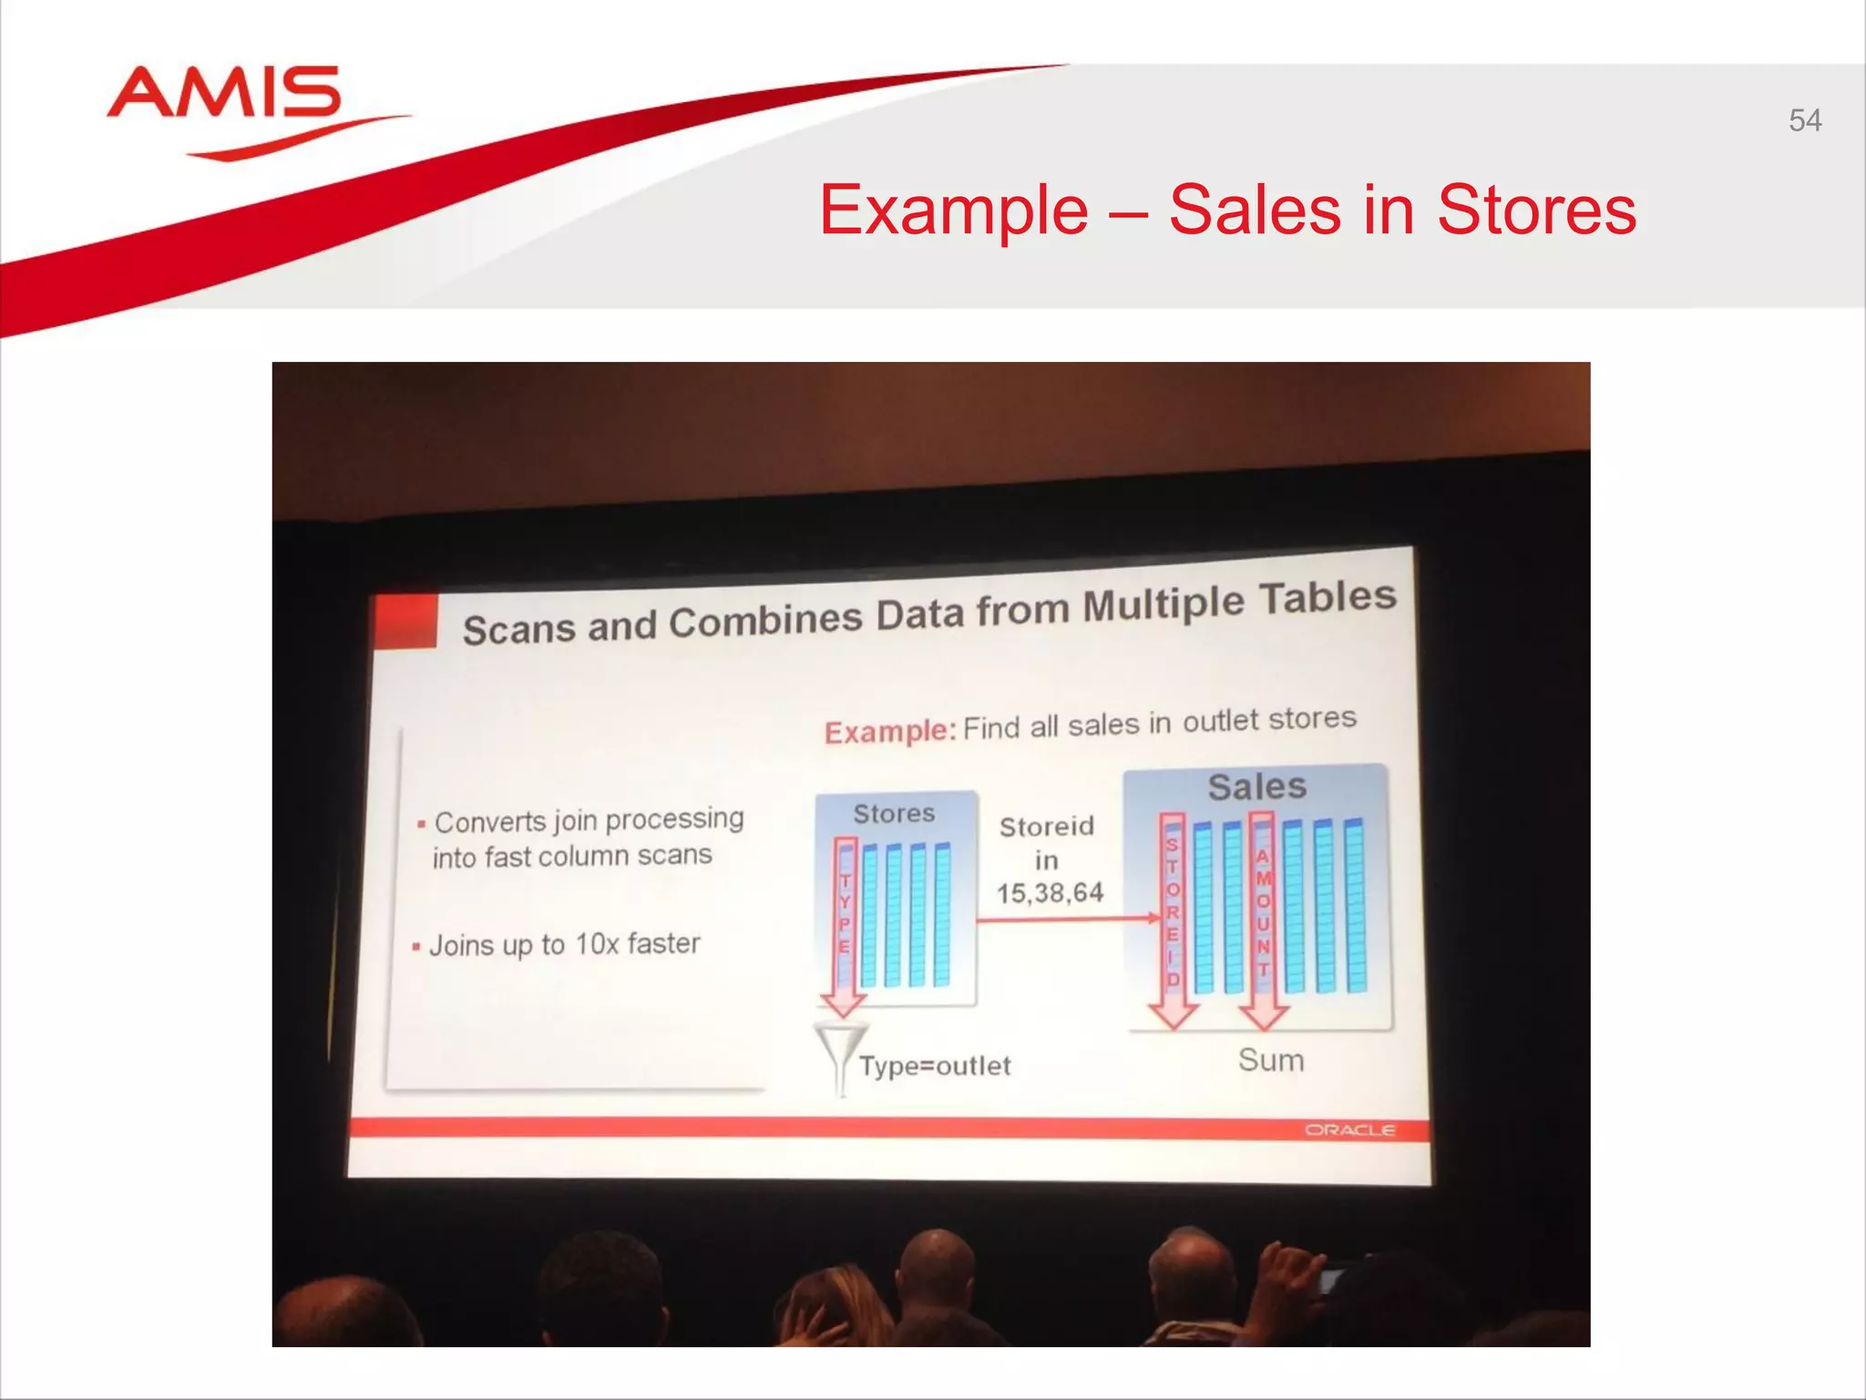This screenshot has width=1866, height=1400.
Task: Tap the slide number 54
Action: click(1804, 120)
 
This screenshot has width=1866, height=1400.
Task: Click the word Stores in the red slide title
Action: click(1536, 211)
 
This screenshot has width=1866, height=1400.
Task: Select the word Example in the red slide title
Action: click(953, 211)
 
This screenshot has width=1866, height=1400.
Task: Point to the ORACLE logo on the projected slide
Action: click(1349, 1130)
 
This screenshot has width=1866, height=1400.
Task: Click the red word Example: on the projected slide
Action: click(889, 732)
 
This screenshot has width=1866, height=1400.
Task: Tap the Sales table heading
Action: click(1256, 787)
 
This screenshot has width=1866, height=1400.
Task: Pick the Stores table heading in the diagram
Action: click(894, 813)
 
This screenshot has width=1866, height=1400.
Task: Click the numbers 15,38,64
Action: click(1050, 893)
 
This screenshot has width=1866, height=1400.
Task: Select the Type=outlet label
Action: click(935, 1065)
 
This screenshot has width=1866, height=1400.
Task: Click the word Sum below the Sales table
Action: click(1271, 1060)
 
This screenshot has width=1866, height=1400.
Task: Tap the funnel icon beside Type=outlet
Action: click(840, 1057)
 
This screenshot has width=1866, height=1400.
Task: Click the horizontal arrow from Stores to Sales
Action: click(1066, 920)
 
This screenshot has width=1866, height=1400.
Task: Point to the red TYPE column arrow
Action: click(845, 921)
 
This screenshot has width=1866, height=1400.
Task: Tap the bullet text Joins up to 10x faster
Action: click(564, 944)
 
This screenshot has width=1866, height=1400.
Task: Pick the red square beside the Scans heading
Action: click(405, 621)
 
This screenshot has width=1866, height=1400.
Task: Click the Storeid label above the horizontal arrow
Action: click(1046, 827)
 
